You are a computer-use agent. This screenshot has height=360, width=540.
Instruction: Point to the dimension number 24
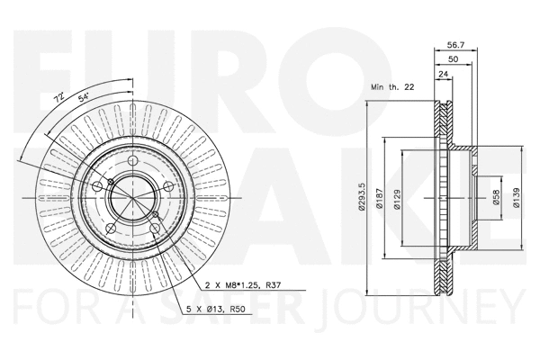(x=444, y=75)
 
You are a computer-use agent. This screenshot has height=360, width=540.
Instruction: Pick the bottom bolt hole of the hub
(x=156, y=231)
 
